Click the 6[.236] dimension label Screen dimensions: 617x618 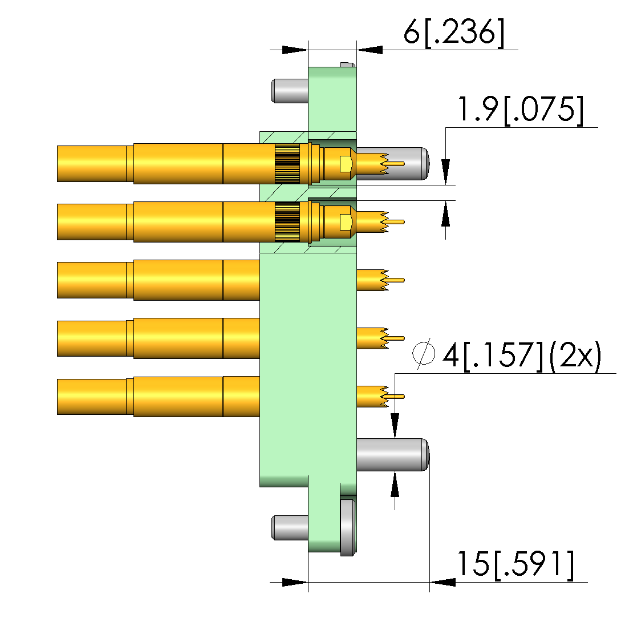454,33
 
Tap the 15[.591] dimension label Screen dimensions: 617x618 515,565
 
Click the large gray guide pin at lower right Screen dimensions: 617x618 392,454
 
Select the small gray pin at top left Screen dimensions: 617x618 290,91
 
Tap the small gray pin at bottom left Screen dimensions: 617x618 290,528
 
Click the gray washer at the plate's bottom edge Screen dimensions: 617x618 348,527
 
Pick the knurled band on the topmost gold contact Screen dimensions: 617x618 287,164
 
